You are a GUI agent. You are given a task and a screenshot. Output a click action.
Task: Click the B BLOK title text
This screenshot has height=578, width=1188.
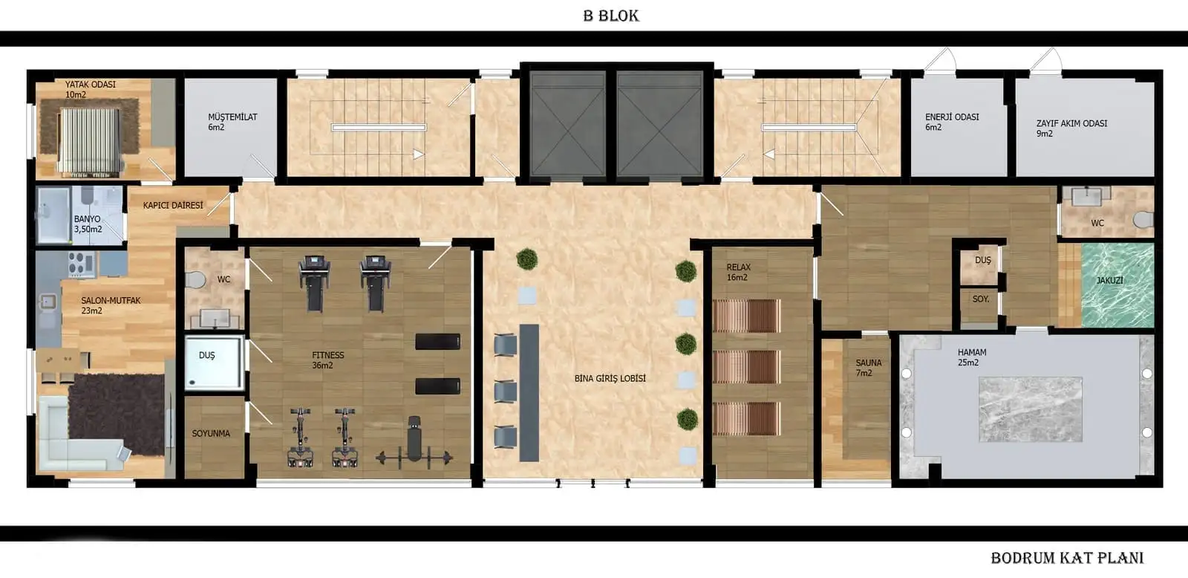pyautogui.click(x=611, y=16)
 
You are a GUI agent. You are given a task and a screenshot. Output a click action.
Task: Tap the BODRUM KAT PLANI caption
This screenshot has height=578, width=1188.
pyautogui.click(x=1067, y=558)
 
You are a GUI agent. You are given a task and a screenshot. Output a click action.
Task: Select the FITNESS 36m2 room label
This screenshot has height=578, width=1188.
pyautogui.click(x=327, y=360)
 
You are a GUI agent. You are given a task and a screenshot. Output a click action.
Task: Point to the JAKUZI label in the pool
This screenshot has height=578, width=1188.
pyautogui.click(x=1110, y=280)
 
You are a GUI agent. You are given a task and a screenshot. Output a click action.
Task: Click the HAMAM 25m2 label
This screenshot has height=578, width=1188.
pyautogui.click(x=972, y=357)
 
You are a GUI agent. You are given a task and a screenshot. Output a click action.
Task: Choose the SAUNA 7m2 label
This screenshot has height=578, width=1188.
pyautogui.click(x=868, y=368)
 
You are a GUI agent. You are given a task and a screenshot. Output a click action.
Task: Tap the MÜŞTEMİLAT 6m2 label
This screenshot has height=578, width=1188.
pyautogui.click(x=232, y=122)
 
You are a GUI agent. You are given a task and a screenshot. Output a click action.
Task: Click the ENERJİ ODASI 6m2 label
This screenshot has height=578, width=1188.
pyautogui.click(x=952, y=122)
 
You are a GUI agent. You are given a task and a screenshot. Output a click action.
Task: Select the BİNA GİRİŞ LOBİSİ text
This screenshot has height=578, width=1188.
pyautogui.click(x=610, y=378)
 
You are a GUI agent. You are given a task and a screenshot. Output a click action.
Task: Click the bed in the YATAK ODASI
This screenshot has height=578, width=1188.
pyautogui.click(x=89, y=142)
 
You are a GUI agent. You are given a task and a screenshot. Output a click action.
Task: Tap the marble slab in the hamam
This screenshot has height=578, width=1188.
pyautogui.click(x=1030, y=409)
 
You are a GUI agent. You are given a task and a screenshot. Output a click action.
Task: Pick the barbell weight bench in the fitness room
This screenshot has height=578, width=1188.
pyautogui.click(x=414, y=446)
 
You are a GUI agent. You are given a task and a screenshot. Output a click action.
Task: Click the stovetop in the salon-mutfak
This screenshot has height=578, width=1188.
pyautogui.click(x=82, y=264)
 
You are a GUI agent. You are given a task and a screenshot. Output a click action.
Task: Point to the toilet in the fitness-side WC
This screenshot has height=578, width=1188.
pyautogui.click(x=196, y=280)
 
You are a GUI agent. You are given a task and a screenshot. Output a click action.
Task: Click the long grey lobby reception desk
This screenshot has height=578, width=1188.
pyautogui.click(x=529, y=393)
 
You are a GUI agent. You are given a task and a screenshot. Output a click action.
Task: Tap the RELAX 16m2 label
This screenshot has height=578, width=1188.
pyautogui.click(x=738, y=272)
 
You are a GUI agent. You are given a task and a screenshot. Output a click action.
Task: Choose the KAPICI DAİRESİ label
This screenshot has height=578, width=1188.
pyautogui.click(x=173, y=205)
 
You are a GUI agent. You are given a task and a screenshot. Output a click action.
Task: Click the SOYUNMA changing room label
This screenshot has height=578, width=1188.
pyautogui.click(x=211, y=434)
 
